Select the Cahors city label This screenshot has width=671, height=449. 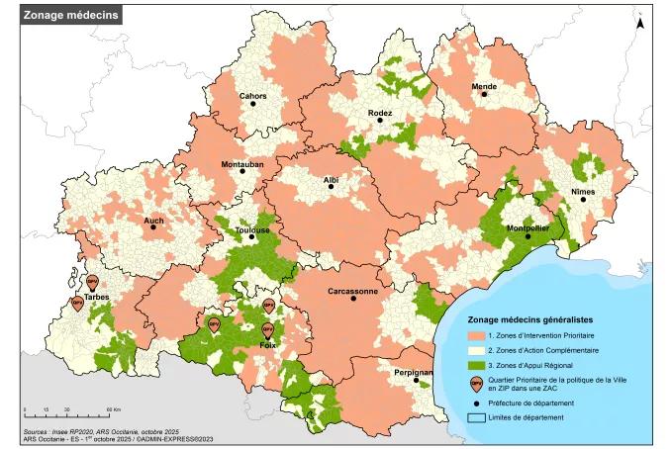(x=252, y=96)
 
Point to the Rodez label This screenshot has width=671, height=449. (x=380, y=114)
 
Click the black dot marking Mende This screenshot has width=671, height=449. (x=484, y=96)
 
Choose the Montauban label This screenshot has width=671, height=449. (x=241, y=163)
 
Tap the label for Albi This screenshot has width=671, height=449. (x=331, y=181)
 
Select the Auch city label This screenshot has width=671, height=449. (x=153, y=222)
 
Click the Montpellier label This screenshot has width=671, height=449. (x=527, y=227)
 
